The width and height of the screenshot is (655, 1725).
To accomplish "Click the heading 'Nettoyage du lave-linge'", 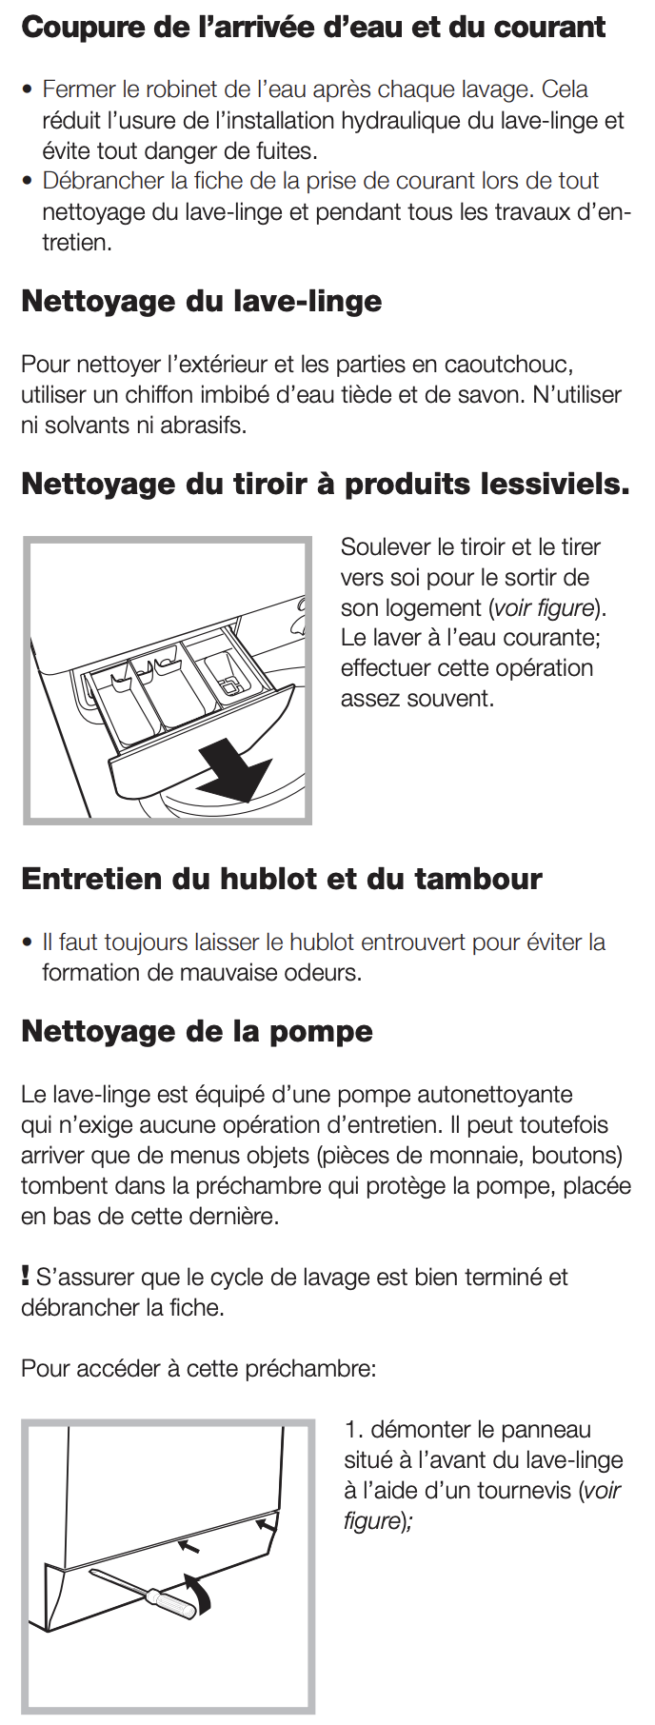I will click(201, 301).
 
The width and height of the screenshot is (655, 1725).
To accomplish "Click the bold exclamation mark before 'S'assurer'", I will click(26, 1275).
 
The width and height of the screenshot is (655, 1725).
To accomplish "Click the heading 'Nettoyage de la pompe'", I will click(196, 1031).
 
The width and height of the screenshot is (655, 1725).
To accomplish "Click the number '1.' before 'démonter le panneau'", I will click(354, 1429).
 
